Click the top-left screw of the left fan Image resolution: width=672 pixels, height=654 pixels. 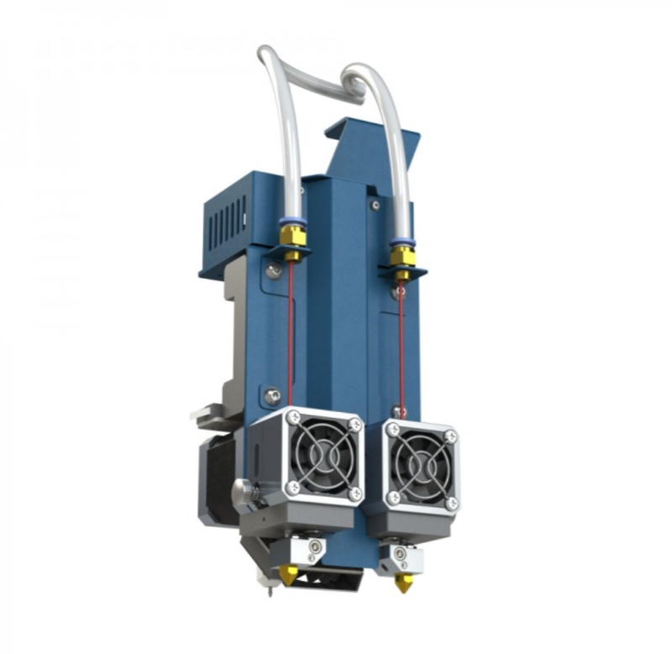click(x=292, y=418)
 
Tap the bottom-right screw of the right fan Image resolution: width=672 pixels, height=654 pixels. click(x=452, y=503)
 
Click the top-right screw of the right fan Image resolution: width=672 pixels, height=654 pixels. click(x=451, y=437)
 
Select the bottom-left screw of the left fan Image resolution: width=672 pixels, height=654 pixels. click(x=292, y=487)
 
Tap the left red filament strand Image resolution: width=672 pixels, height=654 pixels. click(x=291, y=336)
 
